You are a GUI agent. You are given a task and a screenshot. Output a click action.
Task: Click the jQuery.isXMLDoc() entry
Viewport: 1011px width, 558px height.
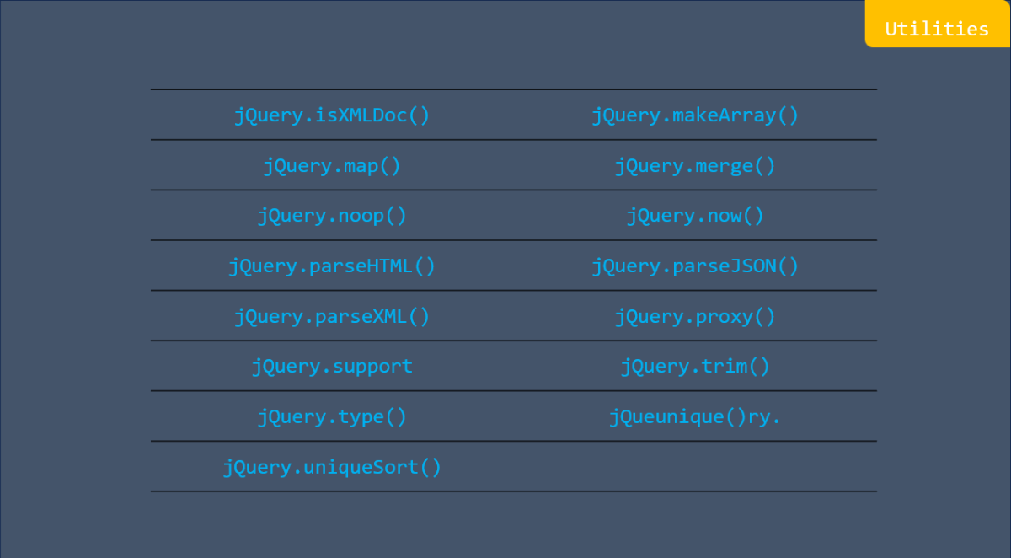click(x=332, y=115)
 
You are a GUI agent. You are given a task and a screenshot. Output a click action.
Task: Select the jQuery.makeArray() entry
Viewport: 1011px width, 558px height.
click(x=695, y=115)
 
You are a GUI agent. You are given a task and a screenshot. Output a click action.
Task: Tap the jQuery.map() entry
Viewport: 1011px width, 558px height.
click(x=332, y=165)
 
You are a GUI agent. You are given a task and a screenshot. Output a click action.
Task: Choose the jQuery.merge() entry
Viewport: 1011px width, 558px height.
click(x=695, y=165)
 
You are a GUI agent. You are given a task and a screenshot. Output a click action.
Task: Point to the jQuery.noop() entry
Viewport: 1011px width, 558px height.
click(x=332, y=216)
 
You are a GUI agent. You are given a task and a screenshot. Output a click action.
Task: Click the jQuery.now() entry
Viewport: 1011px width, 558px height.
click(x=695, y=216)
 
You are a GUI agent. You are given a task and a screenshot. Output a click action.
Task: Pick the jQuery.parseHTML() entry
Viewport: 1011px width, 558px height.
click(x=332, y=266)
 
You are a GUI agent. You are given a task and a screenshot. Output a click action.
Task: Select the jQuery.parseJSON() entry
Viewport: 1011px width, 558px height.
click(x=695, y=266)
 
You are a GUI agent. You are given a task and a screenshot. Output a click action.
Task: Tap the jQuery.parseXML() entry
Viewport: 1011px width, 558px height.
click(x=332, y=317)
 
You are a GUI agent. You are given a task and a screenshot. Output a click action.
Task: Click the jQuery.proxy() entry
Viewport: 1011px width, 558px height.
click(x=695, y=317)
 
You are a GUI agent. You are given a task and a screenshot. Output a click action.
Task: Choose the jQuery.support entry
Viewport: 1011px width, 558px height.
click(x=332, y=367)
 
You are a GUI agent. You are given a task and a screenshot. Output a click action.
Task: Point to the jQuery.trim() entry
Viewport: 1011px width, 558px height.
click(x=695, y=367)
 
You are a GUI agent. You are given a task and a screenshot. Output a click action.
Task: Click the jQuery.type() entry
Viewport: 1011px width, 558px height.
click(x=332, y=417)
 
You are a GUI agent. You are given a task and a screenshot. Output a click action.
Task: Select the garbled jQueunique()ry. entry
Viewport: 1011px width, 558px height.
click(x=695, y=417)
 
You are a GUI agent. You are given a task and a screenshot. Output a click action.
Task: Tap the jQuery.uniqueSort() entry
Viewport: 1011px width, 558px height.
click(x=332, y=467)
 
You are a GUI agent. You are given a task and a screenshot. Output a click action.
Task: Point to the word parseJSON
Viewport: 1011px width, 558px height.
click(x=724, y=266)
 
